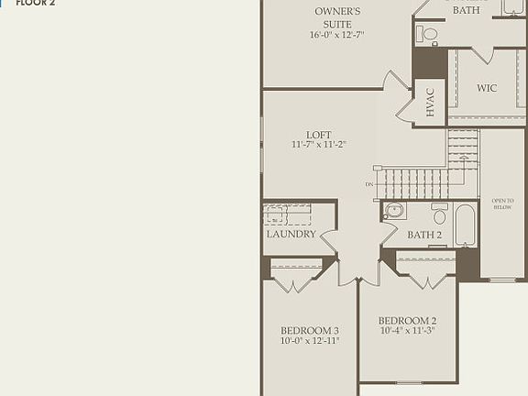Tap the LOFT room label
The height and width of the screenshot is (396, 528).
click(318, 135)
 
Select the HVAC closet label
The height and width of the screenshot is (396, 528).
click(430, 102)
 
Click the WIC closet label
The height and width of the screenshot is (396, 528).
click(487, 88)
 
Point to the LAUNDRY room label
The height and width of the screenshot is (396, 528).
click(291, 234)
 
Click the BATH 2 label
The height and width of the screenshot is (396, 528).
click(424, 236)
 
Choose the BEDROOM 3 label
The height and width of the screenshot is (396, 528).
click(310, 330)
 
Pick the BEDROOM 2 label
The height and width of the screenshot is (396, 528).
click(408, 320)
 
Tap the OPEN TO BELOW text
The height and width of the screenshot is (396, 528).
click(502, 203)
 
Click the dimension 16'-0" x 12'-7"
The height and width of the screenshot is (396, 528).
click(337, 36)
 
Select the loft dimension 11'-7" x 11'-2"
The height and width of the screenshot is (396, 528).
click(318, 145)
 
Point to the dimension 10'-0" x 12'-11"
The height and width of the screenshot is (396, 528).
click(310, 341)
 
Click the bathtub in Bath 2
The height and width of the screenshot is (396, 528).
click(465, 225)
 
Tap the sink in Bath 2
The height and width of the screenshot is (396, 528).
click(394, 210)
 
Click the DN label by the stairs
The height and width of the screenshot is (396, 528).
click(369, 185)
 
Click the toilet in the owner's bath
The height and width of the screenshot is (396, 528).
click(429, 35)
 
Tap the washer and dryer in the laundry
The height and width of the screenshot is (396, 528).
click(287, 214)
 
